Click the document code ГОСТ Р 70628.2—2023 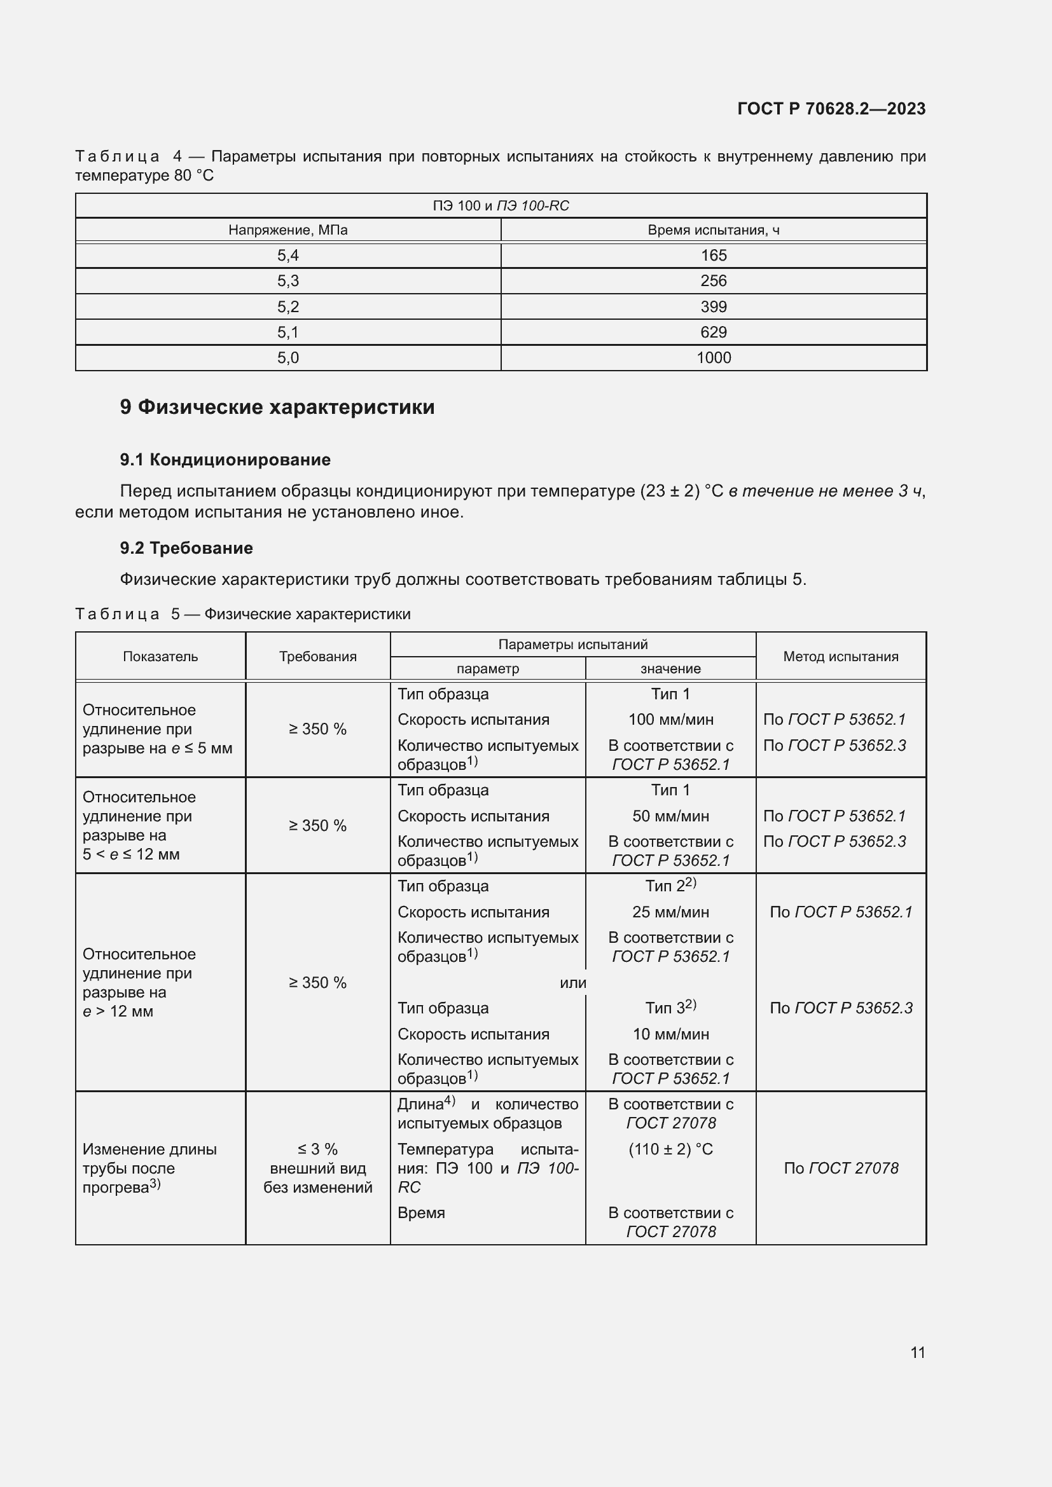pos(831,109)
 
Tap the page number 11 pos(917,1352)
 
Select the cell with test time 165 pos(713,255)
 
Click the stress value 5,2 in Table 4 pos(287,306)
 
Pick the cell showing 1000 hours pos(713,357)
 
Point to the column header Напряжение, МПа pos(287,230)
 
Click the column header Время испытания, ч pos(713,230)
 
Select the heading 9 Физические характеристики pos(277,407)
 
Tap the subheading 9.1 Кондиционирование pos(225,460)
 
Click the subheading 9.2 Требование pos(186,548)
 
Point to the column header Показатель pos(160,656)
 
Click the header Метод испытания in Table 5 pos(840,656)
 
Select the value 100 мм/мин pos(670,720)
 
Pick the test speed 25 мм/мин pos(670,912)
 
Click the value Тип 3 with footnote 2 pos(670,1008)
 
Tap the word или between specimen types pos(572,982)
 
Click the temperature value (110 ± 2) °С pos(670,1149)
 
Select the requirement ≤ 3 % pos(317,1149)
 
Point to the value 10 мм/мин pos(670,1034)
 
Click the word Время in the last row pos(421,1212)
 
